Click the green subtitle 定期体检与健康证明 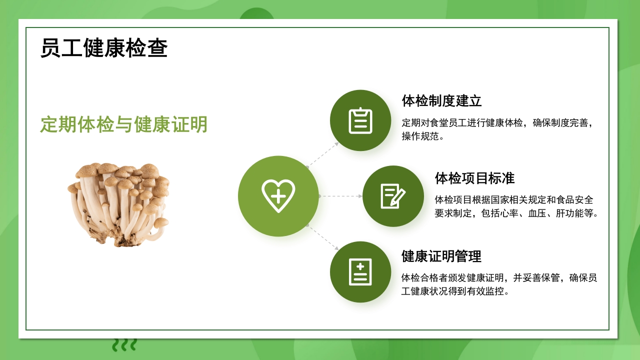124,124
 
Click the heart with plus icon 278,196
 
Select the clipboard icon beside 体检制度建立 360,120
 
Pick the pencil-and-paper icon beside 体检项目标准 393,196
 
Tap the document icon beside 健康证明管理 360,272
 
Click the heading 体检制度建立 441,101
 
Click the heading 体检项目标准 474,178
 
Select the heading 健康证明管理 441,256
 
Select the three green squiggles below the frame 124,344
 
